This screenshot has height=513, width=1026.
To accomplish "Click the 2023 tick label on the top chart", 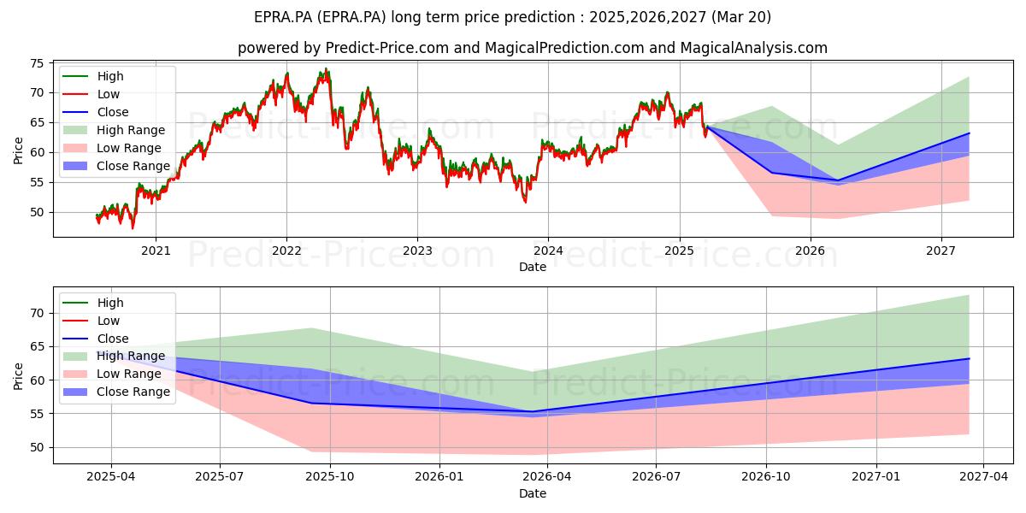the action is pos(417,251).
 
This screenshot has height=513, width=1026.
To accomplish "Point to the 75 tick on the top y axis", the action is pos(37,63).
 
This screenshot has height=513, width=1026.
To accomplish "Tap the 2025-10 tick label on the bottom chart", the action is pos(330,477).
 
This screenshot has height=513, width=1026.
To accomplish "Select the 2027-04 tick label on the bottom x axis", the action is pos(983,477).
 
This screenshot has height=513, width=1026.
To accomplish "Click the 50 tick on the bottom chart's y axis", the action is pos(37,447).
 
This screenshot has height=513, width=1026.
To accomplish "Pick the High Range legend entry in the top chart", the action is pos(114,130).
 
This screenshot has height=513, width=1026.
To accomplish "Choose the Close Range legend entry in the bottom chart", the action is pos(116,392).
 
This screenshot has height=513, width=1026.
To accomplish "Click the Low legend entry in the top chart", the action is pos(91,94).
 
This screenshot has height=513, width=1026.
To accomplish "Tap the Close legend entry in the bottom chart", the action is pos(96,339).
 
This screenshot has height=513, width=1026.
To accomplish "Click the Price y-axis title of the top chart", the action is pos(18,150).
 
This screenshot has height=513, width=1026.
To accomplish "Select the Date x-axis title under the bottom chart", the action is pos(533,493).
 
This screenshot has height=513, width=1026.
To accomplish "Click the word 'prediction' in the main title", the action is pos(542,17).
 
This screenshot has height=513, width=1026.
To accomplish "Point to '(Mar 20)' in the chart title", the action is pos(741,17).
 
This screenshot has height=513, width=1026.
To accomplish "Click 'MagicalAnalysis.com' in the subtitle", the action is pos(754,48).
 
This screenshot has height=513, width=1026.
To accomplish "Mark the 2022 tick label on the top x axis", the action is pos(286,251).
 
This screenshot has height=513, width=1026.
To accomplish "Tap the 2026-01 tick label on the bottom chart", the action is pos(439,477).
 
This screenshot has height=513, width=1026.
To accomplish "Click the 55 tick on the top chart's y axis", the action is pos(37,183).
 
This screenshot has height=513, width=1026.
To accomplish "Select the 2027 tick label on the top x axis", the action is pos(941,251).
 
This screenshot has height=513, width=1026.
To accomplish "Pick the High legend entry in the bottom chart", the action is pos(93,303).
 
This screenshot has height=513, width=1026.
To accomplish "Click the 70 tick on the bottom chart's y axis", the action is pos(37,313).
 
